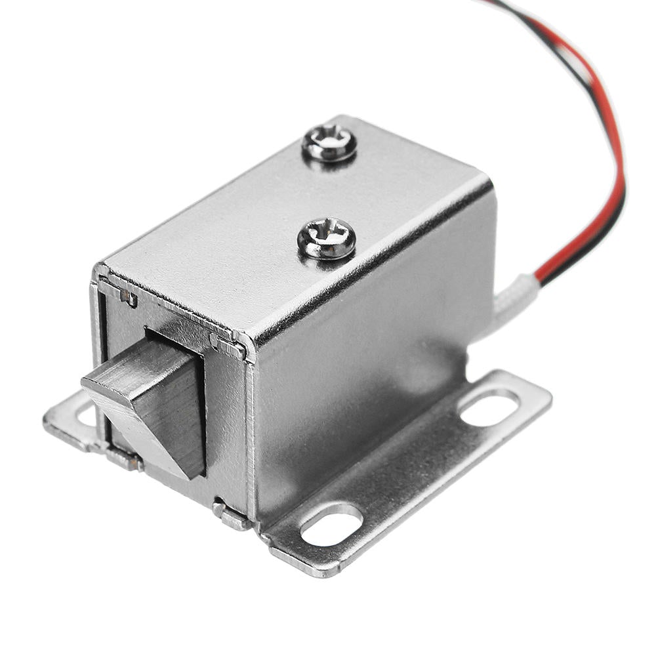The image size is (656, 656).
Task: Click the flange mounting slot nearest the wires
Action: point(489,407)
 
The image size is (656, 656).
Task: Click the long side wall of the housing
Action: point(367,367)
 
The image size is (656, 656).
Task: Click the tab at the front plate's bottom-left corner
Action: point(125,459)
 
